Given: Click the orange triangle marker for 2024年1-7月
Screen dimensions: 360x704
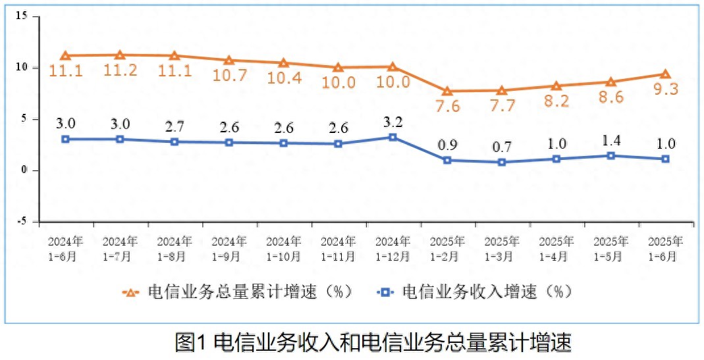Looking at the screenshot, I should click(x=120, y=55).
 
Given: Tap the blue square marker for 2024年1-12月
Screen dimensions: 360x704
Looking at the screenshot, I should click(x=393, y=137).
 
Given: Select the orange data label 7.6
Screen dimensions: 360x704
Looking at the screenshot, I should click(x=447, y=107).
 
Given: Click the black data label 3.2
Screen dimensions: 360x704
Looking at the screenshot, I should click(x=393, y=121).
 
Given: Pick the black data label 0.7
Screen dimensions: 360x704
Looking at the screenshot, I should click(x=502, y=147).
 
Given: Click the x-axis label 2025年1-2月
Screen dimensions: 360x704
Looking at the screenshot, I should click(x=447, y=249).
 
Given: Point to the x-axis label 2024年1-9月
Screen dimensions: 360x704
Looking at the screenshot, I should click(x=229, y=249).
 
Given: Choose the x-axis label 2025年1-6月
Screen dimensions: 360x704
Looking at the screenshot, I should click(x=665, y=249).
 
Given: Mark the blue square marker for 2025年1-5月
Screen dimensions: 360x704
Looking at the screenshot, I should click(x=610, y=156).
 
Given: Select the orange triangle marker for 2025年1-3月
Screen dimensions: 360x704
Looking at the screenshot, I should click(x=502, y=90).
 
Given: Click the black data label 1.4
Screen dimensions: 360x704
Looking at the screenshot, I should click(x=610, y=140).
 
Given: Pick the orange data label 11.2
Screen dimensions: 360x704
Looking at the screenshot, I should click(x=120, y=70).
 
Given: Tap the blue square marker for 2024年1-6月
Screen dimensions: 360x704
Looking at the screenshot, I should click(x=65, y=139).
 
